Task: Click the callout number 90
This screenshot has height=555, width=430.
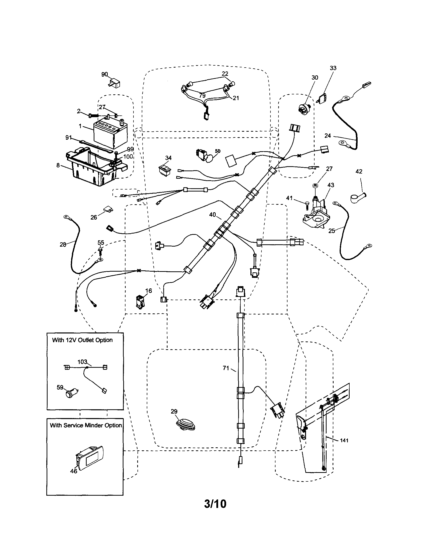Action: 104,74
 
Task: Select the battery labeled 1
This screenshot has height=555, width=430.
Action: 110,135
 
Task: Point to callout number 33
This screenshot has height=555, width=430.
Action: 333,68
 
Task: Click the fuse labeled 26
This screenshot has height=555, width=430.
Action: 108,210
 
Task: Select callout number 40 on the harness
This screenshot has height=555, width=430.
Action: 212,215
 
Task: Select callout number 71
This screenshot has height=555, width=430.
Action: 226,368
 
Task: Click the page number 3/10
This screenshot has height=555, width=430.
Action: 215,503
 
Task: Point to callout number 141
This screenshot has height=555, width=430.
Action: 344,440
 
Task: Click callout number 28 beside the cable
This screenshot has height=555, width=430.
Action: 63,245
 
